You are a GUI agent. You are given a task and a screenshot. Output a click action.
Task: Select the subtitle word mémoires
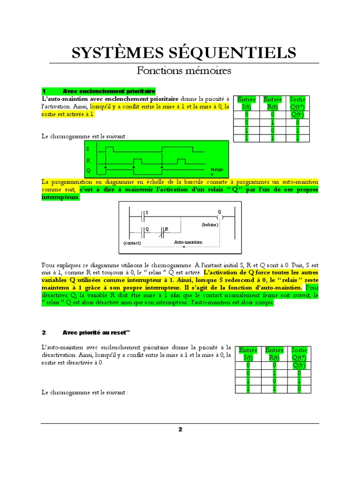210,71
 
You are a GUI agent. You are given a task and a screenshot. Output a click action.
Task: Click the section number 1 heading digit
44,91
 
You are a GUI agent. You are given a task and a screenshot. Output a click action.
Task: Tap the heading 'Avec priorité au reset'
96,333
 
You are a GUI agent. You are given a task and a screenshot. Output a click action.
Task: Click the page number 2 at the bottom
180,430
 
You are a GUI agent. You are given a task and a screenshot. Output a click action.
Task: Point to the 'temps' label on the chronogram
217,169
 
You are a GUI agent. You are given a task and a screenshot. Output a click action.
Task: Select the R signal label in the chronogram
88,160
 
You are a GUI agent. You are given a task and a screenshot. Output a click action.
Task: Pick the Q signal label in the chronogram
88,171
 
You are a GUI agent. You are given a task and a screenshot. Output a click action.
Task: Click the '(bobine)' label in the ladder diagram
210,225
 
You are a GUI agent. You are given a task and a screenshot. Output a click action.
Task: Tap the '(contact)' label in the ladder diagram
133,243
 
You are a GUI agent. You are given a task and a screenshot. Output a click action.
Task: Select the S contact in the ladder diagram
142,217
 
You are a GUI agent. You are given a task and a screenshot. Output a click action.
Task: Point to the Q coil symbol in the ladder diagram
220,218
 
